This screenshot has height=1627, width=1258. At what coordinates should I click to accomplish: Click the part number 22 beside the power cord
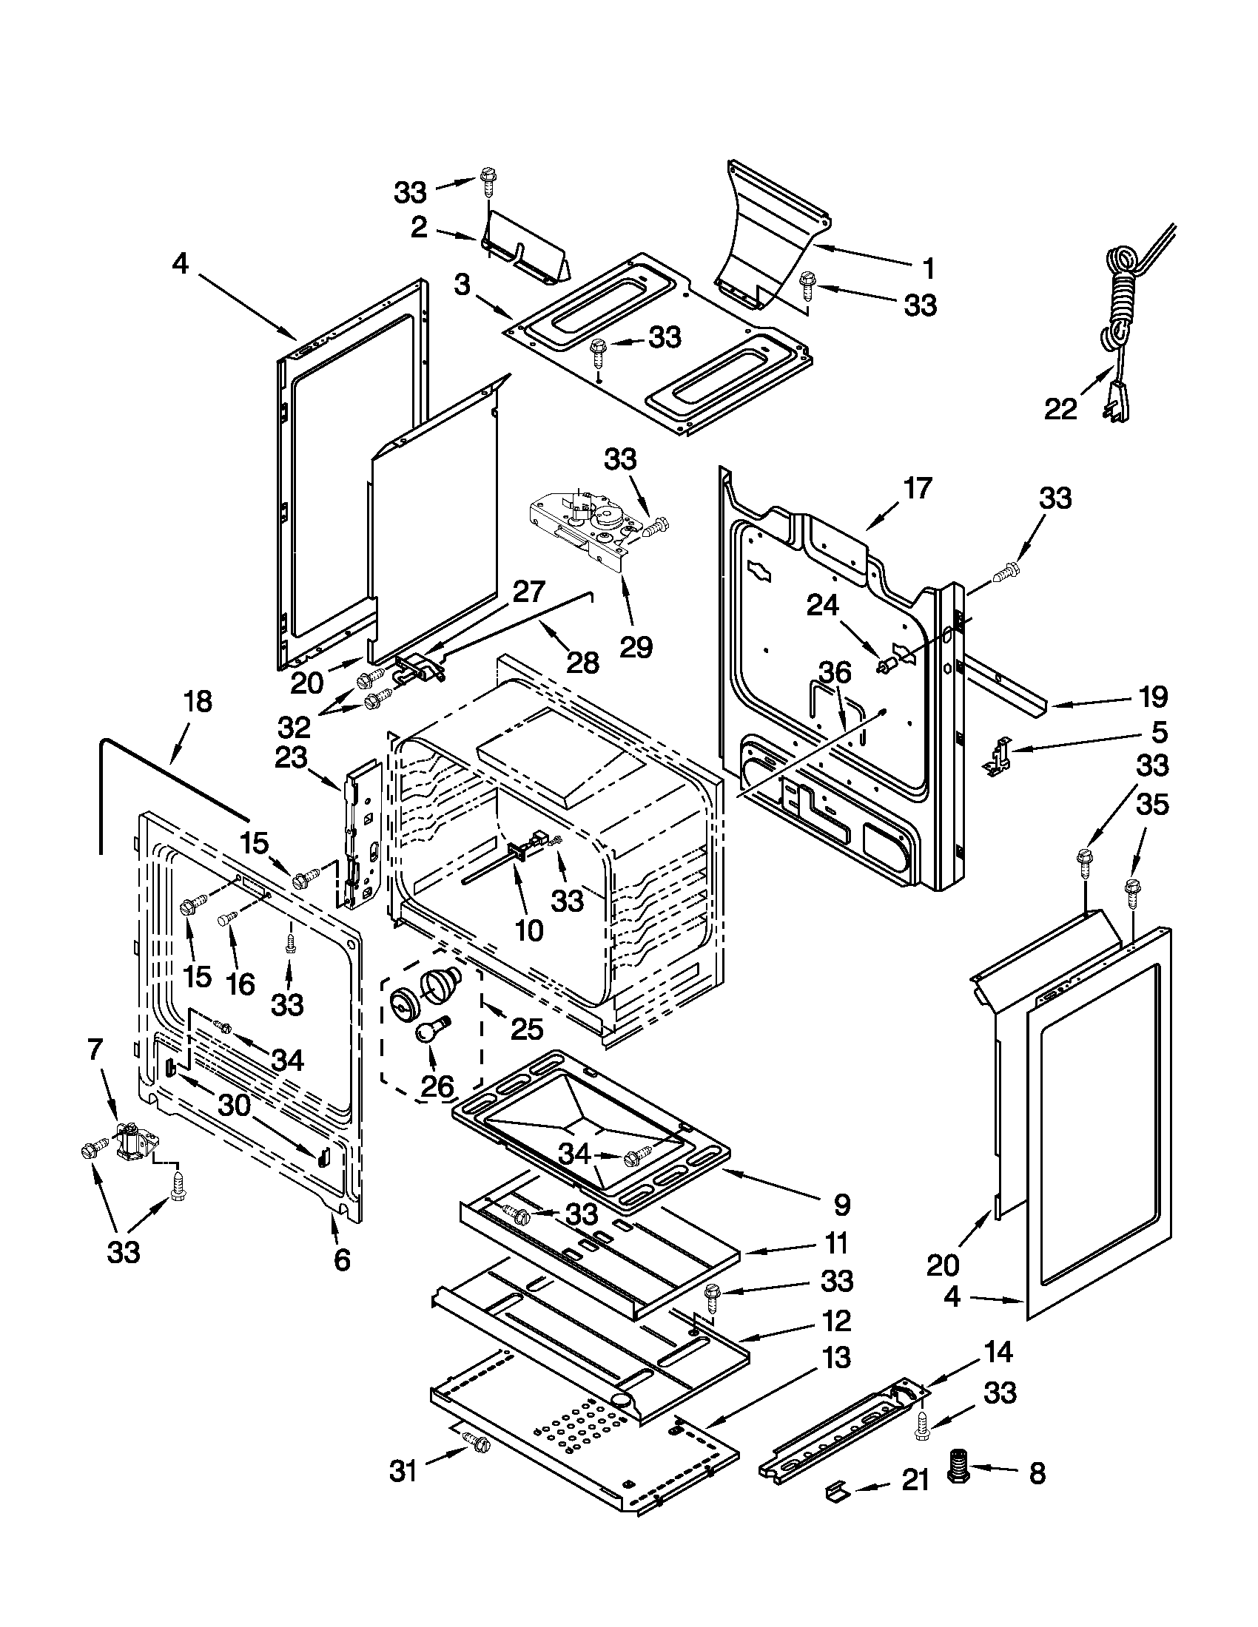point(1060,408)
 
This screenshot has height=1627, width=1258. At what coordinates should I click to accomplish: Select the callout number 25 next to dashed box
point(527,1029)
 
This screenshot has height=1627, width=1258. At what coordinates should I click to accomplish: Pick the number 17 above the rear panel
point(918,489)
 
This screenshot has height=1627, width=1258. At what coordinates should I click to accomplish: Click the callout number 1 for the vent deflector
point(928,268)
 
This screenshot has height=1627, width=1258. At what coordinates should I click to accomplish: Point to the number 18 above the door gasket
point(198,702)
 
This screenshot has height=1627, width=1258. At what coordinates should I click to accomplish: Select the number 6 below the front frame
point(341,1259)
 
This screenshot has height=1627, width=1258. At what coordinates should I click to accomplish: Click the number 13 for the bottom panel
point(836,1358)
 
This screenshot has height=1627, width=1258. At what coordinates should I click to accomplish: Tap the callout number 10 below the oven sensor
point(528,930)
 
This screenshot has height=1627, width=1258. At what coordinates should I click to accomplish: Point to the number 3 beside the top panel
point(462,285)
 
